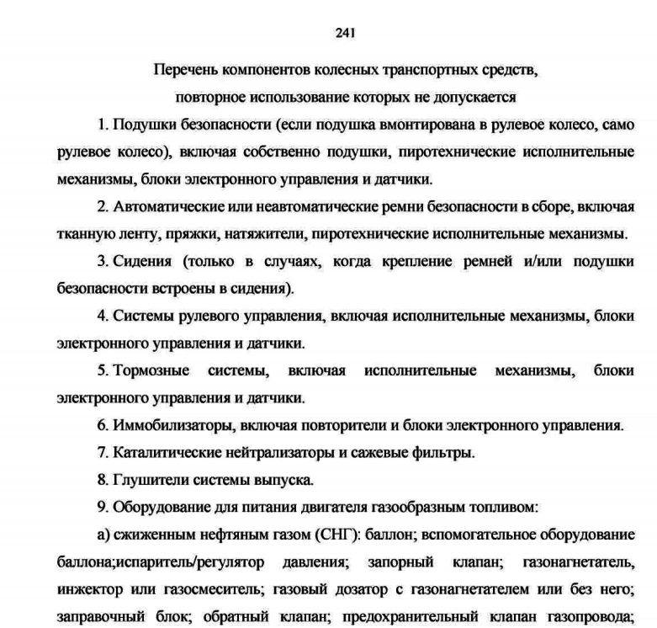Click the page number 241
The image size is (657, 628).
coord(345,33)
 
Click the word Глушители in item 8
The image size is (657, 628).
coord(145,480)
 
